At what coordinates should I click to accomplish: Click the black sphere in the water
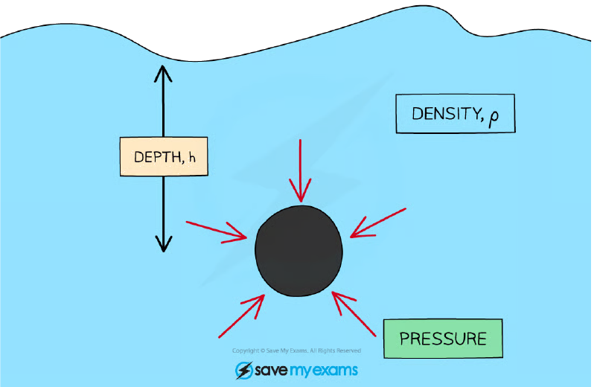coord(299,251)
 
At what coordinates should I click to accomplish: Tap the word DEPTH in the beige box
coord(157,157)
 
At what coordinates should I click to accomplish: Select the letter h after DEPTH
coord(192,158)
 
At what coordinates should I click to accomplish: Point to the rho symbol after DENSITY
coord(494,118)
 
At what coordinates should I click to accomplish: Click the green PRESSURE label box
coord(443,339)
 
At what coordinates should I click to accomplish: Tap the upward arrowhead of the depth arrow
coord(163,74)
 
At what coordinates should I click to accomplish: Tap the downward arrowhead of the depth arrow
coord(163,243)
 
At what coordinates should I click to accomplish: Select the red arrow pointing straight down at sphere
coord(300,170)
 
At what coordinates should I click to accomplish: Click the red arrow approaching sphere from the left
coord(217,230)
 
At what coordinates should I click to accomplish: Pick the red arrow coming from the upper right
coord(378,223)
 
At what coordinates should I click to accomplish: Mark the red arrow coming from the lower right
coord(354,314)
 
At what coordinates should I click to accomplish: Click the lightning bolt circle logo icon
coord(243,371)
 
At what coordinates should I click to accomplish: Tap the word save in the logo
coord(271,371)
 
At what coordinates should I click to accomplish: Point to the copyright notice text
coord(296,351)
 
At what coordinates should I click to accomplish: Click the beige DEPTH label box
coord(164,156)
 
